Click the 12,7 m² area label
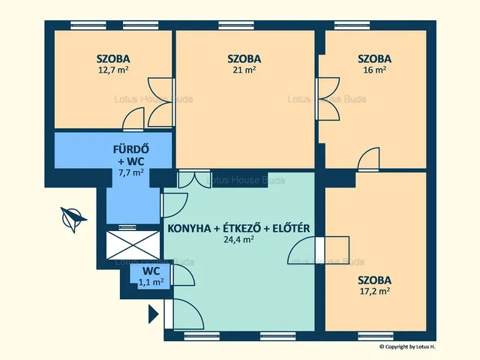(113, 70)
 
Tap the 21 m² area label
(244, 70)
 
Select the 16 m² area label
(375, 70)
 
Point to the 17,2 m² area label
(375, 291)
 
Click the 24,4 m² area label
(238, 239)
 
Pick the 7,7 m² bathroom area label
(131, 172)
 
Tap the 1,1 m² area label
(151, 282)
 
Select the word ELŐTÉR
(291, 228)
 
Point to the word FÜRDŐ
(131, 149)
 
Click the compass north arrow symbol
(73, 219)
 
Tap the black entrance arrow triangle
(153, 314)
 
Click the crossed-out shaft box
(133, 245)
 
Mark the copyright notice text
(407, 346)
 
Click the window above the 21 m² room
(236, 25)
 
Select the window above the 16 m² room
(352, 25)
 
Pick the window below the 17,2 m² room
(376, 336)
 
